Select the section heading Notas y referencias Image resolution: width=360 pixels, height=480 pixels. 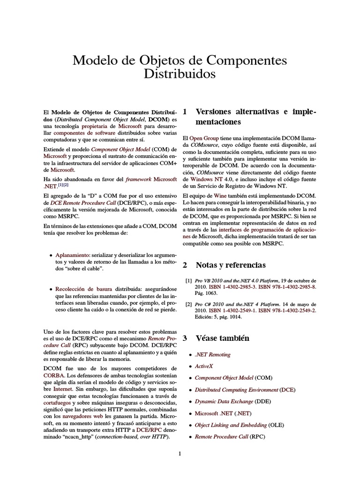tap(230, 265)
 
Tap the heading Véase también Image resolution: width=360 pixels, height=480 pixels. tap(222, 338)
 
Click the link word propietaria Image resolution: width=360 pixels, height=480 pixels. tap(95, 127)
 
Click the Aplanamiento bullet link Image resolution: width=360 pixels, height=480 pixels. tap(73, 254)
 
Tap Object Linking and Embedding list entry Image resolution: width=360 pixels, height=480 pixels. tap(230, 425)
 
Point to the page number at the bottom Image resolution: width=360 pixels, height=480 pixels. tap(180, 454)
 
